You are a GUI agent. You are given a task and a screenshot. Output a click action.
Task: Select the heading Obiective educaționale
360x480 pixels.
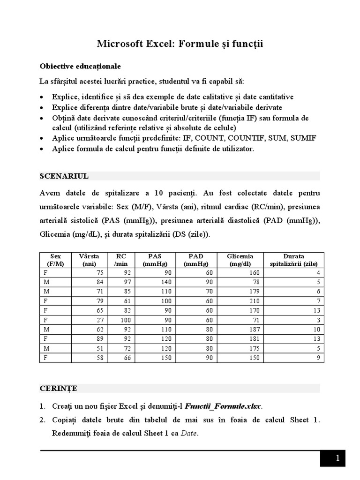click(x=81, y=66)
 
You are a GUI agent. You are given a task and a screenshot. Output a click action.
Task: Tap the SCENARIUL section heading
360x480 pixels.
click(x=64, y=176)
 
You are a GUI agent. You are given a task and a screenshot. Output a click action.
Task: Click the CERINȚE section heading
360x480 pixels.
click(x=59, y=388)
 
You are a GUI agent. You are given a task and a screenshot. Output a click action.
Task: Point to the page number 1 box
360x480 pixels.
click(x=333, y=459)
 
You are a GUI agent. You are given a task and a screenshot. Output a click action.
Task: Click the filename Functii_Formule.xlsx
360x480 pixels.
click(x=224, y=406)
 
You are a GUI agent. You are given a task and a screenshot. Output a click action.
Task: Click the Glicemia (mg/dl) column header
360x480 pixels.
click(x=240, y=260)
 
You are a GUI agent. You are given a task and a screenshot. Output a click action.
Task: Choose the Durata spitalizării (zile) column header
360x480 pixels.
click(x=293, y=260)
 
